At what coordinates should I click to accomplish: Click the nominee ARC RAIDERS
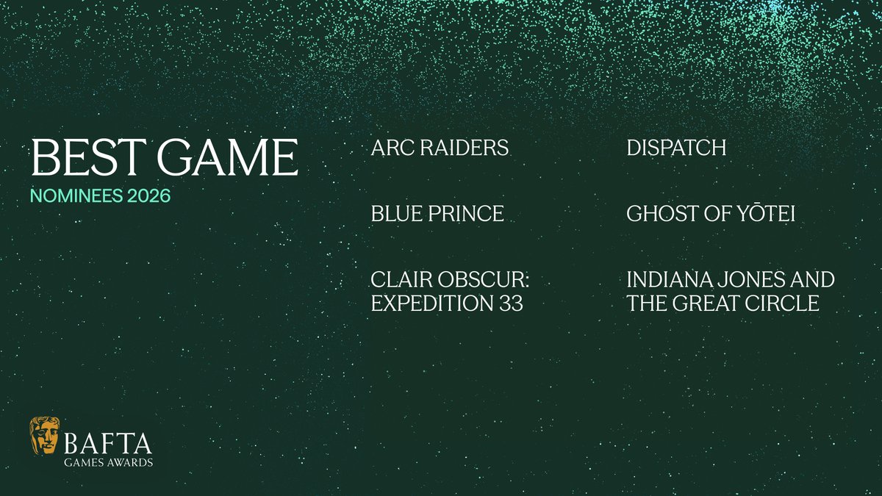tap(440, 148)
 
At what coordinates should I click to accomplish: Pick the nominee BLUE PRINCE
tap(438, 214)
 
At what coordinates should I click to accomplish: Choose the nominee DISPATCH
tap(676, 148)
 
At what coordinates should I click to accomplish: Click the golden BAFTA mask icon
tap(45, 439)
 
